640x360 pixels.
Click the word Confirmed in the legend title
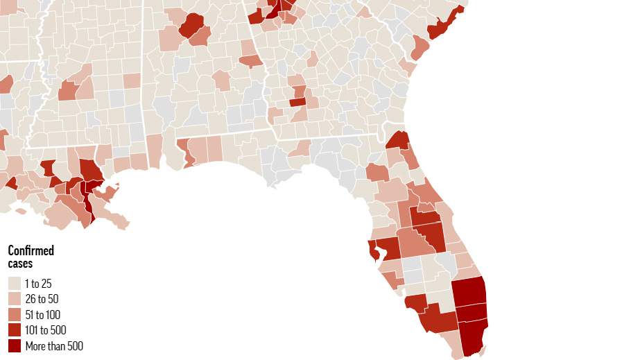click(31, 251)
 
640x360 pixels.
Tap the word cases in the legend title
click(20, 264)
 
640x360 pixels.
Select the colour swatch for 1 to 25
click(15, 283)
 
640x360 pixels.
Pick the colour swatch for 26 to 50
click(15, 299)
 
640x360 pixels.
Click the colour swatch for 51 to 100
click(15, 314)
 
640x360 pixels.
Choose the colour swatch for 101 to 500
click(15, 330)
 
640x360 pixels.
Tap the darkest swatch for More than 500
click(15, 345)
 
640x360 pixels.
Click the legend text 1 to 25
click(38, 283)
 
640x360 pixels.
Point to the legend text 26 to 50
click(41, 299)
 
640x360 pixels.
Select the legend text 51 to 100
click(43, 314)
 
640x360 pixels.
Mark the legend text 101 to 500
click(46, 330)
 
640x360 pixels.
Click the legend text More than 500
click(54, 345)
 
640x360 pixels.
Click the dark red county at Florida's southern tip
click(473, 336)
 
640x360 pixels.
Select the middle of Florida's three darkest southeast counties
click(471, 312)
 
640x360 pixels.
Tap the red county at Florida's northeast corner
click(398, 140)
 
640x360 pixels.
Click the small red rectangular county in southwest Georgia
click(297, 102)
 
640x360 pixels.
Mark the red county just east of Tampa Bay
click(389, 248)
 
